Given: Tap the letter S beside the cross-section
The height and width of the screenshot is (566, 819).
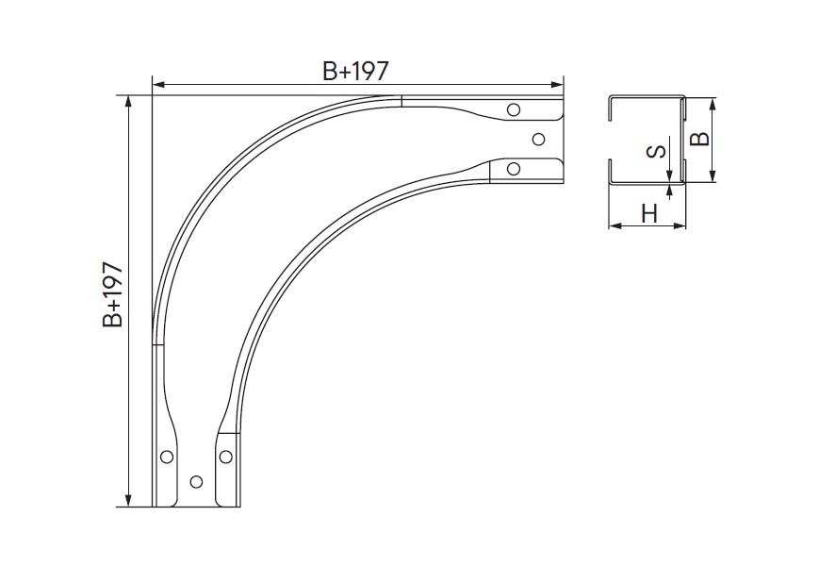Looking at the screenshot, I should [x=658, y=150].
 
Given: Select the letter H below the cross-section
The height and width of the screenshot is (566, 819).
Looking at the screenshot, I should [x=648, y=213].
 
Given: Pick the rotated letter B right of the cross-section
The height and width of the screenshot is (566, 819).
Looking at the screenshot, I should [x=698, y=139].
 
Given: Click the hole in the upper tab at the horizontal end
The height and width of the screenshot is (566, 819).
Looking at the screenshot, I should [x=513, y=110].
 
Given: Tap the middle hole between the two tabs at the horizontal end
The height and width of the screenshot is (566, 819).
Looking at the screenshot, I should [x=538, y=140].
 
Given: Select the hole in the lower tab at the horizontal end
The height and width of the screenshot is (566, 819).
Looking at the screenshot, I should [x=513, y=169].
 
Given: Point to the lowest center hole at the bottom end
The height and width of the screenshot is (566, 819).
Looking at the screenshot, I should [x=196, y=481].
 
